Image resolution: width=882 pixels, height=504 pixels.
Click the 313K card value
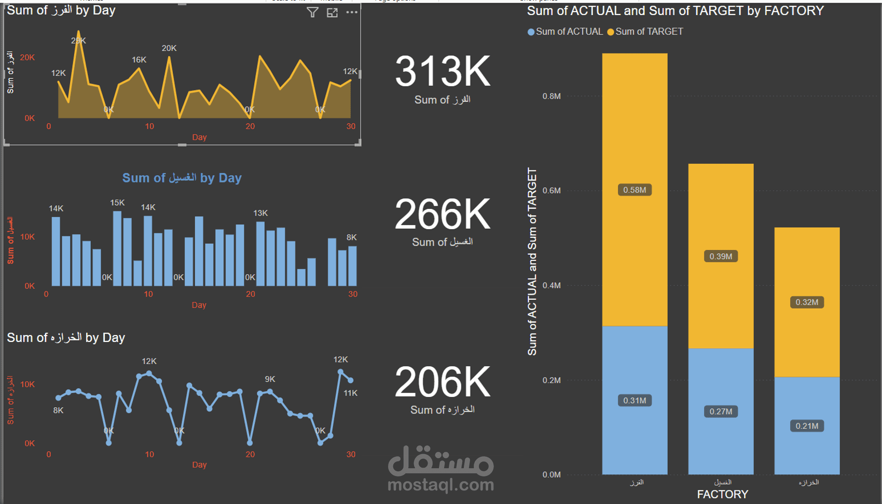click(x=442, y=72)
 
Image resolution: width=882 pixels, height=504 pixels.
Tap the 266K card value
click(x=442, y=214)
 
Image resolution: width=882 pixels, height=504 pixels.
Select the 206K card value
click(x=442, y=382)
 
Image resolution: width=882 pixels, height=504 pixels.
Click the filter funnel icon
click(x=312, y=12)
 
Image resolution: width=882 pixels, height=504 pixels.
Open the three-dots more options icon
click(x=352, y=12)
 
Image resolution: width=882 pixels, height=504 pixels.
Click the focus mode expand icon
click(x=332, y=12)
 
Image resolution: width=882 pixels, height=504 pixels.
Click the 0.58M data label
click(x=635, y=190)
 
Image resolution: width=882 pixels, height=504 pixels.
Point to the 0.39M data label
click(x=721, y=257)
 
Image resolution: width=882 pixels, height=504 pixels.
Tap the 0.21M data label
click(x=807, y=426)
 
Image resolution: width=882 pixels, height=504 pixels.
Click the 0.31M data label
click(x=635, y=401)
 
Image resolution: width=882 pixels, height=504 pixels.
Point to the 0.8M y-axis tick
click(x=552, y=96)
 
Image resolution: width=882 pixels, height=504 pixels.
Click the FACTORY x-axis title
click(x=722, y=494)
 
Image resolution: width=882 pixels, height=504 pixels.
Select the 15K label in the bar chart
click(x=117, y=203)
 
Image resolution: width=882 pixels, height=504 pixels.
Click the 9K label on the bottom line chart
click(x=270, y=379)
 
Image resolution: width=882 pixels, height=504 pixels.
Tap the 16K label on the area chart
click(x=139, y=60)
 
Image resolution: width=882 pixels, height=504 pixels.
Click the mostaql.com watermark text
click(x=440, y=485)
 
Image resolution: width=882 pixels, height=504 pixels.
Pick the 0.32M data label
click(x=807, y=302)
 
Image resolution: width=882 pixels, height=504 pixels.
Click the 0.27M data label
click(x=721, y=412)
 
